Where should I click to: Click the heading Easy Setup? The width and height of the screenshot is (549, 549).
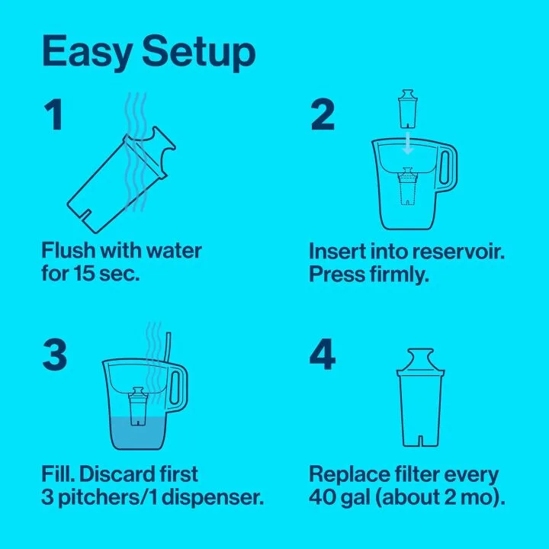pos(148,52)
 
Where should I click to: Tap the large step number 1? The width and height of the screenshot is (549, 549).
pos(52,116)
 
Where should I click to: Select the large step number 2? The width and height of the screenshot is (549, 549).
pos(323,116)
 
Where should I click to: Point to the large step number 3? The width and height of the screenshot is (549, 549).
pos(54,355)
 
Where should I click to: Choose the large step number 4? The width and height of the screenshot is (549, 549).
pos(323,355)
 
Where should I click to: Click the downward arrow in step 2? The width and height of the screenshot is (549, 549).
pos(409,142)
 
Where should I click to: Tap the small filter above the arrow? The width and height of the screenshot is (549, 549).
pos(408,109)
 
